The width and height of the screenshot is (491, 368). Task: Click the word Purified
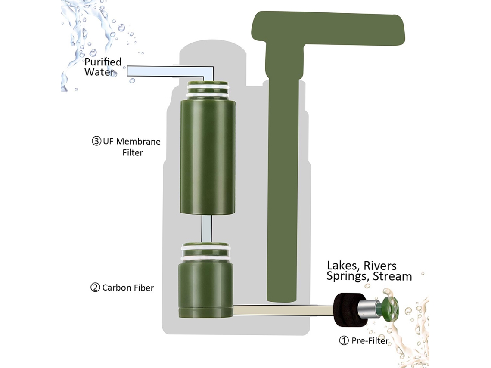103,62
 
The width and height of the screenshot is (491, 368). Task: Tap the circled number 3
96,141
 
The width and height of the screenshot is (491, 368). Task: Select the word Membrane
138,142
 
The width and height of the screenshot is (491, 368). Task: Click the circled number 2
95,287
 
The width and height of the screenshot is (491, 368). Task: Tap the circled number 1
344,340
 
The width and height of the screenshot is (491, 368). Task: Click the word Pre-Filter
370,340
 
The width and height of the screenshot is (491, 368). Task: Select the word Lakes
344,266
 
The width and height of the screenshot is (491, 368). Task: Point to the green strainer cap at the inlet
389,309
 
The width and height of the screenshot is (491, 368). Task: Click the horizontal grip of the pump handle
328,28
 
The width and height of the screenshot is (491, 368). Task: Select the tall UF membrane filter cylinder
207,157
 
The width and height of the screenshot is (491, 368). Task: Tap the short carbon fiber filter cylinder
205,290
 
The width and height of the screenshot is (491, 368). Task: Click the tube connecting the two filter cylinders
206,229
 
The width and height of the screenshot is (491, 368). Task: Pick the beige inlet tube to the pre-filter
283,310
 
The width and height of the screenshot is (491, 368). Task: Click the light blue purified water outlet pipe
171,72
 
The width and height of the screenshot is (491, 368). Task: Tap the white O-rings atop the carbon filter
206,253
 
